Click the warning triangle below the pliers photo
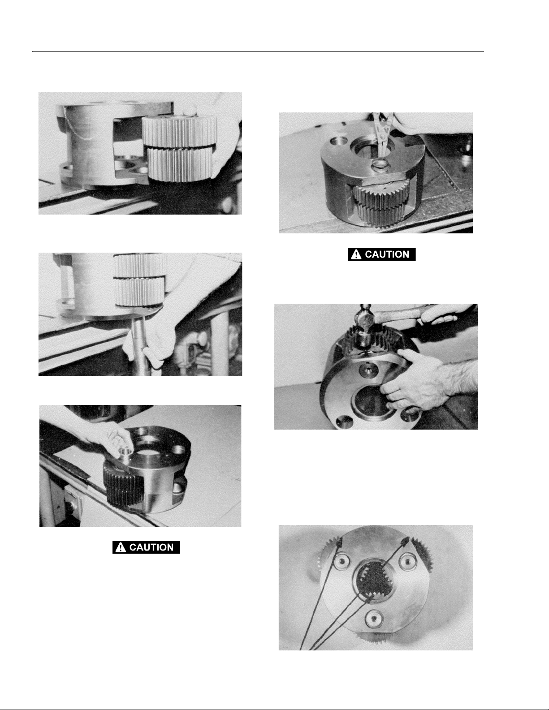coord(356,254)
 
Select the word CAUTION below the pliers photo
coord(387,254)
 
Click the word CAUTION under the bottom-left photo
coord(151,547)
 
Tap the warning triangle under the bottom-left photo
coord(121,547)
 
